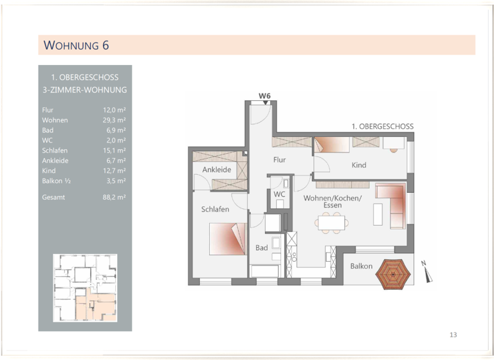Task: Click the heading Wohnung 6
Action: [75, 45]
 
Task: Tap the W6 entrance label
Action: [264, 96]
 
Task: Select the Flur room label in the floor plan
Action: [279, 159]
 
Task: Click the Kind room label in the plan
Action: [359, 165]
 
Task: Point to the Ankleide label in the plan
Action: [217, 170]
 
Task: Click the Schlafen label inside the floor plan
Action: [215, 210]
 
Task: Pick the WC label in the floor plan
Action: [279, 194]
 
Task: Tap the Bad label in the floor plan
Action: [261, 248]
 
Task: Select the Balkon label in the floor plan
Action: [361, 266]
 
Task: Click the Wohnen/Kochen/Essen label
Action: [333, 201]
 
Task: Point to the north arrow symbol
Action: [427, 271]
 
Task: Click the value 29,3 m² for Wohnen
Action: [116, 120]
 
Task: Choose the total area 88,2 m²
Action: [114, 197]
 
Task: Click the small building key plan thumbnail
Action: [85, 287]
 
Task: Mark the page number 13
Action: [453, 334]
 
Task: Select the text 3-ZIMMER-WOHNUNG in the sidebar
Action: [84, 90]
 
